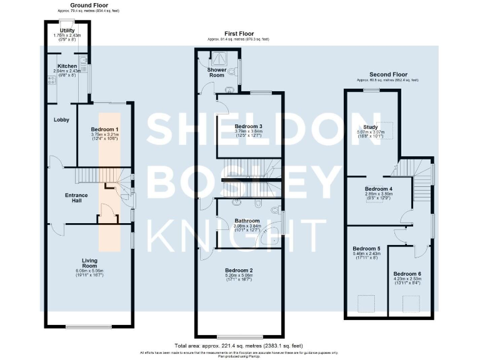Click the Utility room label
(67, 29)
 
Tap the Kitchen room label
(67, 66)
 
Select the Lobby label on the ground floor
(61, 119)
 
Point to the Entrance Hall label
(77, 198)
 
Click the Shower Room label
(216, 72)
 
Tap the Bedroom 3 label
(248, 126)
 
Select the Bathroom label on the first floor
(247, 221)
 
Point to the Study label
(379, 127)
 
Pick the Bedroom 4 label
(378, 189)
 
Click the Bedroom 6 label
(407, 274)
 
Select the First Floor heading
(239, 33)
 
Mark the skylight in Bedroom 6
(411, 304)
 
